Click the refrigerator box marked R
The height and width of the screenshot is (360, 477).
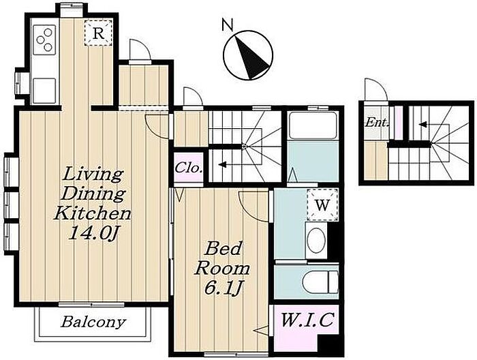pyautogui.click(x=98, y=33)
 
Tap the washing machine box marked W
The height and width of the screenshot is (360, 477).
pyautogui.click(x=322, y=205)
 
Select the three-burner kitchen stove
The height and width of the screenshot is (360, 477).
pyautogui.click(x=44, y=40)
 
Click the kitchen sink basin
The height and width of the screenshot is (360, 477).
pyautogui.click(x=44, y=91)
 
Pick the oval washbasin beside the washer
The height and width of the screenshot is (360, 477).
pyautogui.click(x=316, y=241)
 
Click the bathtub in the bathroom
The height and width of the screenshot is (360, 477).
pyautogui.click(x=312, y=125)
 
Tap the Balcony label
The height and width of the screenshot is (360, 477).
pyautogui.click(x=93, y=322)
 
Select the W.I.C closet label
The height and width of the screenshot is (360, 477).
pyautogui.click(x=307, y=320)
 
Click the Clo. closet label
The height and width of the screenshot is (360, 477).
pyautogui.click(x=188, y=168)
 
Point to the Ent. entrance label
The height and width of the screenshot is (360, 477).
pyautogui.click(x=377, y=123)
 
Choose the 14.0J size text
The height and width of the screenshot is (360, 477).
pyautogui.click(x=93, y=233)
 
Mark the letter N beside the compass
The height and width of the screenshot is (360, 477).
pyautogui.click(x=228, y=25)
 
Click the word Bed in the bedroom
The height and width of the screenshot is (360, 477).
pyautogui.click(x=224, y=249)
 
